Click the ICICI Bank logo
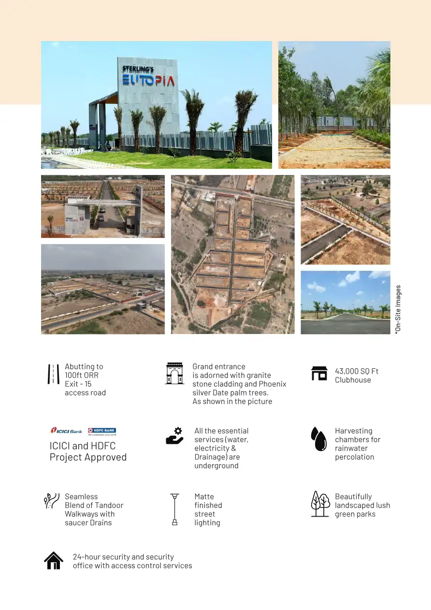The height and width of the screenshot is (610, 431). click(x=66, y=430)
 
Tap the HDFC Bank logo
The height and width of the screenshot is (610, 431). click(x=102, y=431)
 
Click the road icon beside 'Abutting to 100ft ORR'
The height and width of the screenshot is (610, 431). click(x=53, y=374)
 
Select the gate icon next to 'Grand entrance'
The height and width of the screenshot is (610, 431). click(x=174, y=373)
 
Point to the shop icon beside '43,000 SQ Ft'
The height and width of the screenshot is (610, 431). click(x=319, y=374)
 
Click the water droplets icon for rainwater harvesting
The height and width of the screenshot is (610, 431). click(x=319, y=439)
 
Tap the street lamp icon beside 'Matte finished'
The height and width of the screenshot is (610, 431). click(x=174, y=509)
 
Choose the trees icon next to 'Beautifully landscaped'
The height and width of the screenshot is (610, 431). click(x=320, y=504)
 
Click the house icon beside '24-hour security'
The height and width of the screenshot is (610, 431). click(x=54, y=561)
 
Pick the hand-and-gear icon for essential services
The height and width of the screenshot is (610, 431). click(x=174, y=436)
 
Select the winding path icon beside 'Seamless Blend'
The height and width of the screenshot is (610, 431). click(x=51, y=501)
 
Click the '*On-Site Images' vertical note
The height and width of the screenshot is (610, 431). click(x=398, y=309)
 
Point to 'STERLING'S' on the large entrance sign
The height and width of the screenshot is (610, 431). click(x=138, y=69)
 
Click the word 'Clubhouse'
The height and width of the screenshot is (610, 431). click(x=353, y=380)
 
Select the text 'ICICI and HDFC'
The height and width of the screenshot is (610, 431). click(x=83, y=446)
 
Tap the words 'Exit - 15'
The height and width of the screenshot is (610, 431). click(x=78, y=384)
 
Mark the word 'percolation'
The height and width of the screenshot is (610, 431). click(x=354, y=457)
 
